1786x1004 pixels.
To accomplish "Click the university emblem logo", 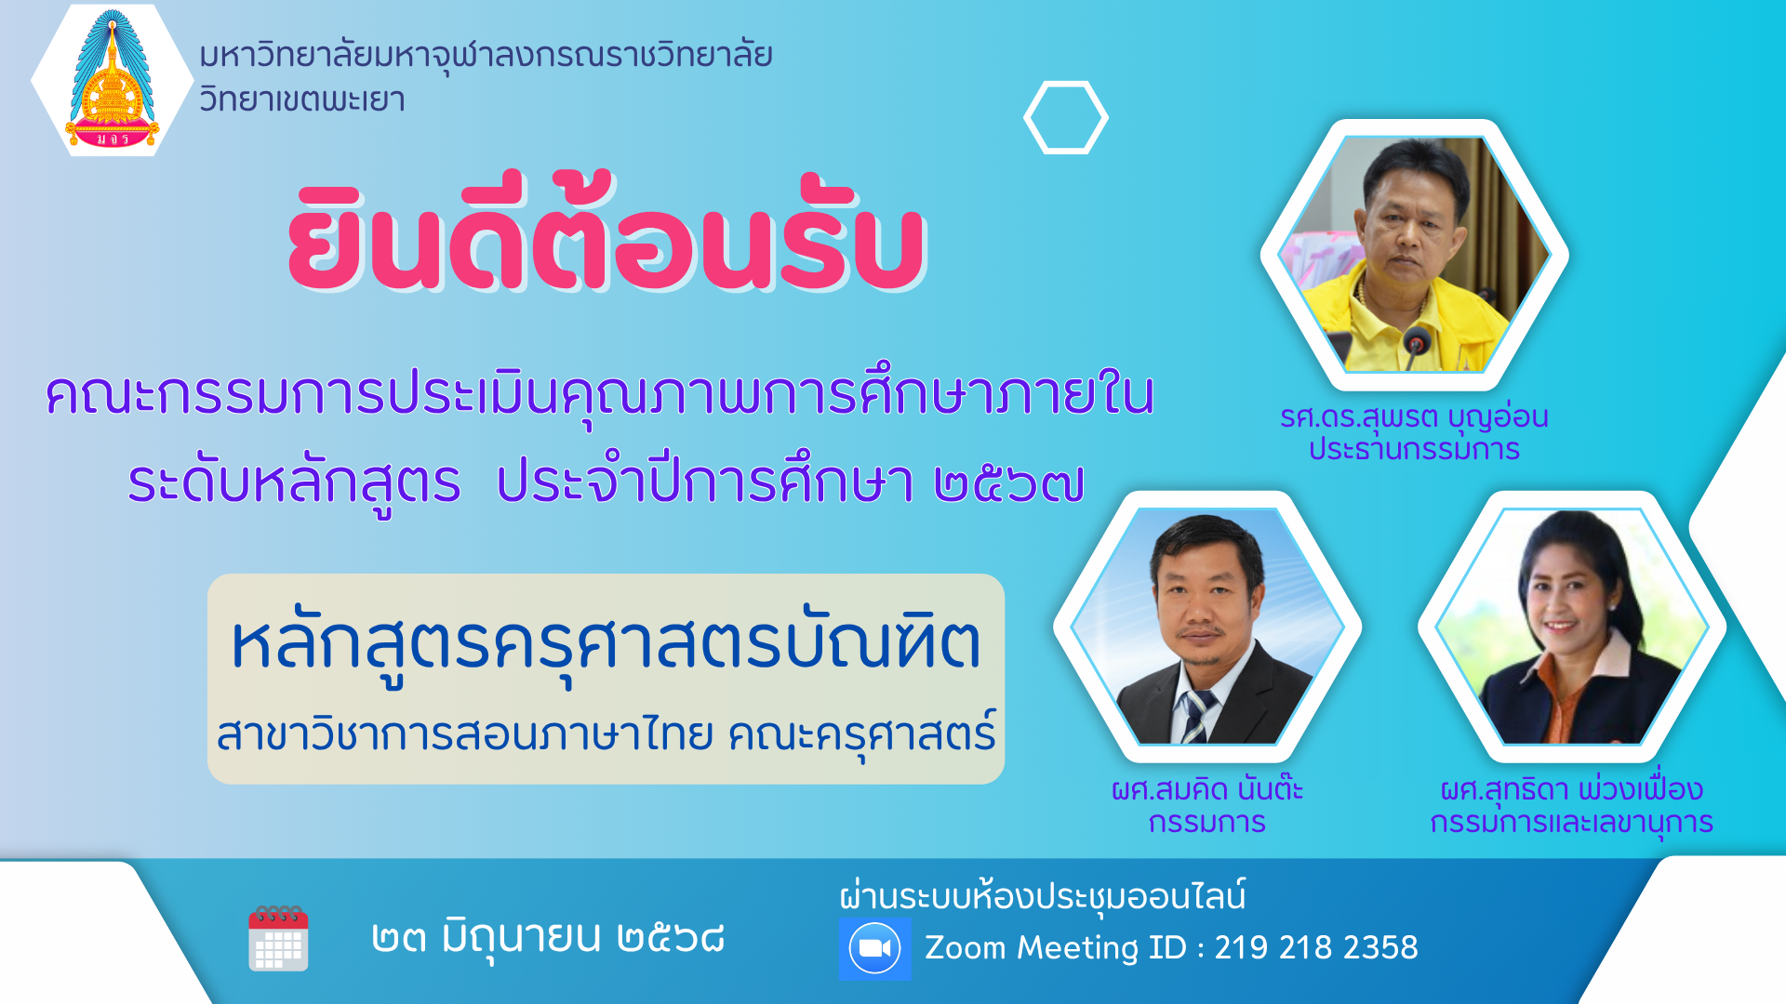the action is tap(112, 80).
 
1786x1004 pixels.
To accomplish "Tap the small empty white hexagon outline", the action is tap(1066, 84).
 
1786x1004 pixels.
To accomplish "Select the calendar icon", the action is tap(278, 938).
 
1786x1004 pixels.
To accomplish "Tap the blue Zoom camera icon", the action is tap(874, 949).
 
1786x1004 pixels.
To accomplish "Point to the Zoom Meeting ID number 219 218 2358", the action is tap(1316, 947).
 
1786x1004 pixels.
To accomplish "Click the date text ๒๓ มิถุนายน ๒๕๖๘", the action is tap(548, 937).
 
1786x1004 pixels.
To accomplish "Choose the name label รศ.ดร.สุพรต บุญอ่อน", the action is tap(1414, 417).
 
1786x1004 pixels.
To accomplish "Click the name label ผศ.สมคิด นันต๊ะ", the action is tap(1207, 788).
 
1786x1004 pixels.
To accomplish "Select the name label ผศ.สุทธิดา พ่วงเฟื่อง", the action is tap(1572, 788).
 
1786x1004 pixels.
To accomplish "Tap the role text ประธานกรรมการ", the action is tap(1414, 450).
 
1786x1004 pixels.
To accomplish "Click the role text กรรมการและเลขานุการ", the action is tap(1572, 823).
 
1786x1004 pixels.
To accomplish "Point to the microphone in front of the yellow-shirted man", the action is tap(1416, 345).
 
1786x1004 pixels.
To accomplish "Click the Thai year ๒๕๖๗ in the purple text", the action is tap(1009, 483).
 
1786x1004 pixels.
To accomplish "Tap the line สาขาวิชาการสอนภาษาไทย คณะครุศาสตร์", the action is tap(606, 734).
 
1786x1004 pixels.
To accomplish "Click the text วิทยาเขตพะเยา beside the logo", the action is tap(302, 99).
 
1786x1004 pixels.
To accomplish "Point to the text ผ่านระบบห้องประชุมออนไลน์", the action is tap(1043, 896).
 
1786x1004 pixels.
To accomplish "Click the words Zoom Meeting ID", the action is tap(1056, 947).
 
